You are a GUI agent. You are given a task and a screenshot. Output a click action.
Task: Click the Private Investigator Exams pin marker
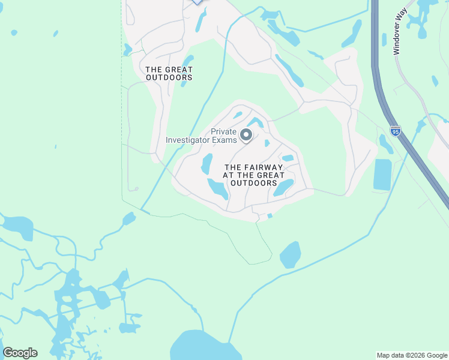pyautogui.click(x=246, y=136)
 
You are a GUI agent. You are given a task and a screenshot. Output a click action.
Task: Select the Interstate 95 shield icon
pyautogui.click(x=394, y=130)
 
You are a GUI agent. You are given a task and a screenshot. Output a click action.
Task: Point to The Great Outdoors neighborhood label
pyautogui.click(x=169, y=73)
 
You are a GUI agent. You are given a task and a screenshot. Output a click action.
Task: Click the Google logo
pyautogui.click(x=20, y=353)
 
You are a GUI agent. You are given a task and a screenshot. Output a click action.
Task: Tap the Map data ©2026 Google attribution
pyautogui.click(x=412, y=355)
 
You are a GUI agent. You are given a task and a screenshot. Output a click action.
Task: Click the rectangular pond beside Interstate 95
pyautogui.click(x=382, y=175)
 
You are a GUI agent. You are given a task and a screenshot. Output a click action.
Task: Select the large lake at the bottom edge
pyautogui.click(x=198, y=347)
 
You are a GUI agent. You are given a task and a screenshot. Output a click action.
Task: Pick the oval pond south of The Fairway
pyautogui.click(x=290, y=254)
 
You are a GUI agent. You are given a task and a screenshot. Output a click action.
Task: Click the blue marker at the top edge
pyautogui.click(x=197, y=2)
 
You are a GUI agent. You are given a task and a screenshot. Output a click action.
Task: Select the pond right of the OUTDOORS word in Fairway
pyautogui.click(x=283, y=188)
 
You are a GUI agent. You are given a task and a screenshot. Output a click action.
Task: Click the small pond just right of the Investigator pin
pyautogui.click(x=267, y=143)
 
